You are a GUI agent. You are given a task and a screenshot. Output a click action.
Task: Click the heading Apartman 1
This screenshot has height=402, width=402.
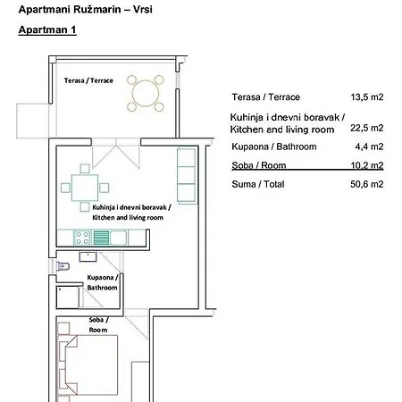click(x=47, y=29)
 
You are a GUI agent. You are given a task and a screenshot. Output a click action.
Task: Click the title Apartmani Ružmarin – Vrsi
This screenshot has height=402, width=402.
click(x=86, y=10)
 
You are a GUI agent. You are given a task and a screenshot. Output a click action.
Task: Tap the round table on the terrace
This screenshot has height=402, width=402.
click(x=146, y=93)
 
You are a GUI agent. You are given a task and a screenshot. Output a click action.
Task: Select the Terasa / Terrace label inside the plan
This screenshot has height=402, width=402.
click(x=88, y=80)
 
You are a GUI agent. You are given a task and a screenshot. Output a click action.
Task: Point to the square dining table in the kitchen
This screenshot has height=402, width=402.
click(x=85, y=188)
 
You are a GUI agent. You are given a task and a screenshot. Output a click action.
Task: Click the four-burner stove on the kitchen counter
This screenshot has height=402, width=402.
click(x=82, y=238)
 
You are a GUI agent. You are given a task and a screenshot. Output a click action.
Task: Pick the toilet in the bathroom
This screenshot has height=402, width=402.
click(x=63, y=265)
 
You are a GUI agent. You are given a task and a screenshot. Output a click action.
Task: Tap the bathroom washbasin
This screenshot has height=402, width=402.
click(x=88, y=256)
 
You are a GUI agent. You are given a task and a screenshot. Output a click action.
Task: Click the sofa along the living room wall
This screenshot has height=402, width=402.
click(x=187, y=176)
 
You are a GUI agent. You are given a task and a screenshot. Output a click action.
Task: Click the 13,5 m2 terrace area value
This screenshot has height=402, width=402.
click(x=367, y=97)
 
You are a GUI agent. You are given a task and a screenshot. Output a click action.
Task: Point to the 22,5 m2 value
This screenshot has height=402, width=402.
click(x=367, y=128)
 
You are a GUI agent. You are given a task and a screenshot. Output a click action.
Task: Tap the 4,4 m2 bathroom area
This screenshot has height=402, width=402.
click(x=369, y=147)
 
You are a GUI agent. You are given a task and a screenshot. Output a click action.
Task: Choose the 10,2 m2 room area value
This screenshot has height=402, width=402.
click(x=367, y=165)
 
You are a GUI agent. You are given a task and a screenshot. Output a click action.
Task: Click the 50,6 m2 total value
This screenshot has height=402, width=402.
click(x=367, y=184)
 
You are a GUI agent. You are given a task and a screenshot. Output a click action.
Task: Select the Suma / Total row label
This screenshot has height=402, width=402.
click(x=258, y=184)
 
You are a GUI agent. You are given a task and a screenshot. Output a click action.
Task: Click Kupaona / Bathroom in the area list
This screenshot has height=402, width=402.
click(x=274, y=147)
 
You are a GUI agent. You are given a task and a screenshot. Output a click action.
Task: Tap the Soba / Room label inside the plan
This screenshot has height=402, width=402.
click(x=98, y=325)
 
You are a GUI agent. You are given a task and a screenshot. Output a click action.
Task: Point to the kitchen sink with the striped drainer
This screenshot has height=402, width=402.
click(x=110, y=238)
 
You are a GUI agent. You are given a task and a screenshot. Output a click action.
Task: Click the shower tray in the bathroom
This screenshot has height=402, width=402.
click(x=68, y=297)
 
